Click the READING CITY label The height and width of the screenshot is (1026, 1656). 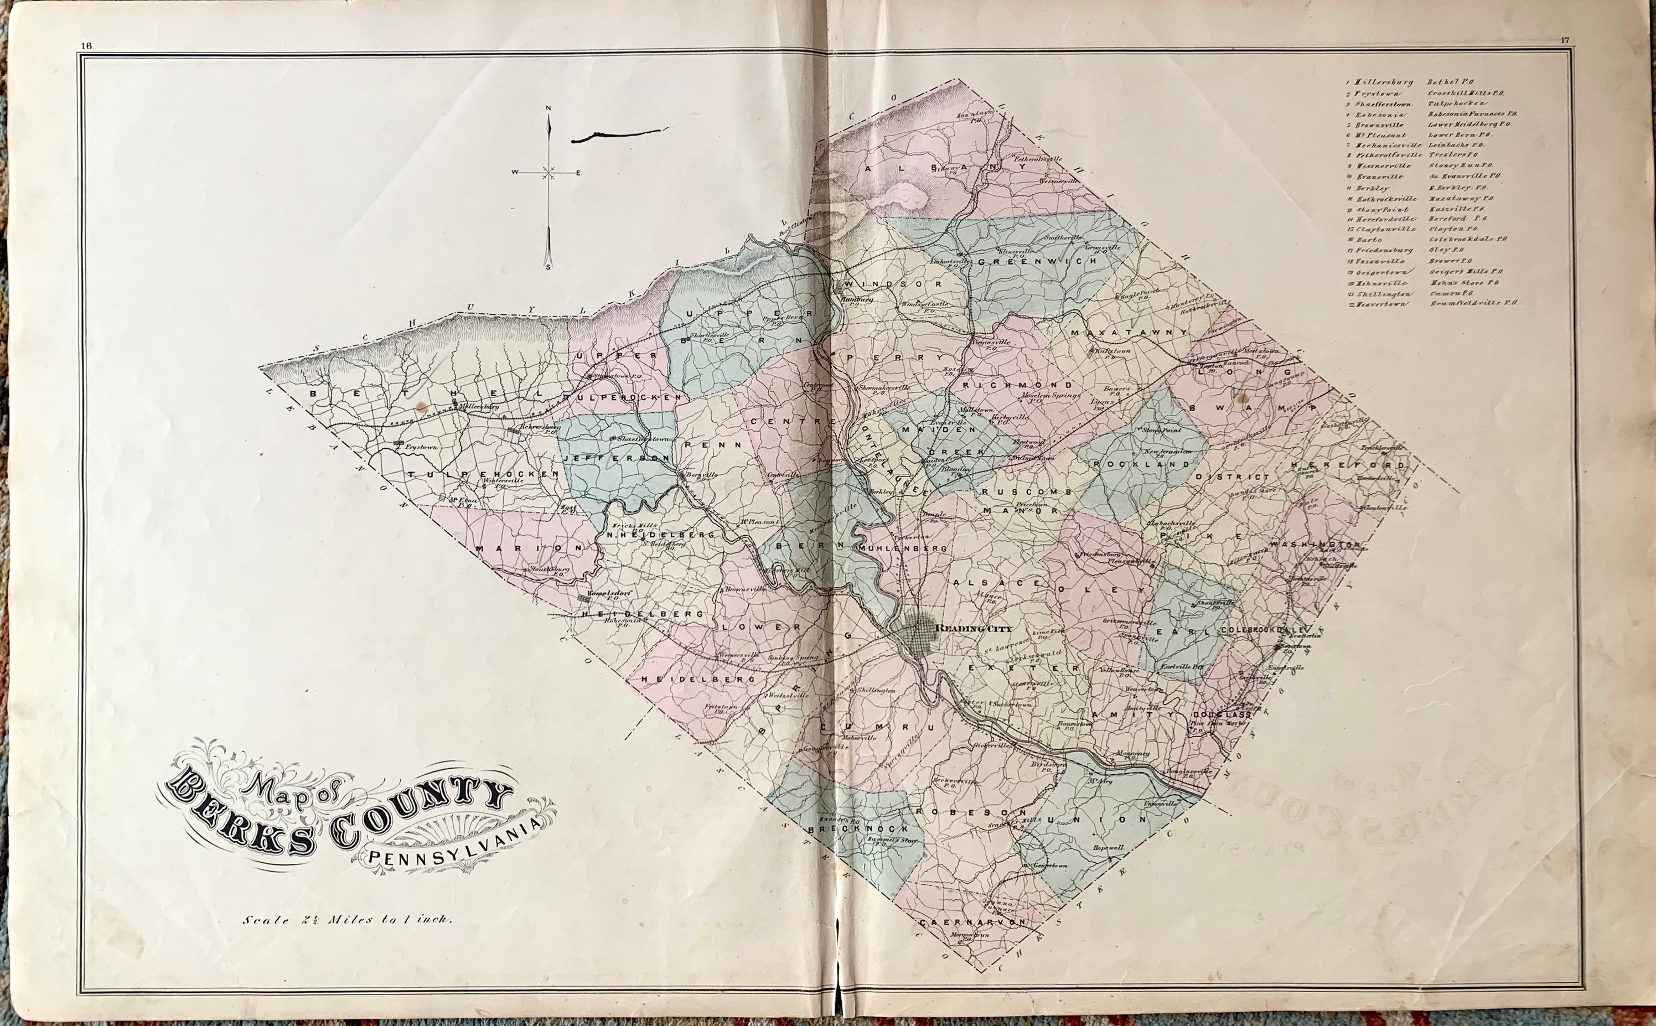(969, 628)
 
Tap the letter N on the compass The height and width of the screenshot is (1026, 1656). (548, 108)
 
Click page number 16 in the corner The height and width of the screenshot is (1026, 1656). (86, 45)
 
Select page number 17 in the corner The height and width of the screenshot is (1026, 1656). (1564, 58)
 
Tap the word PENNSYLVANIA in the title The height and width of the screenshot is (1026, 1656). (456, 848)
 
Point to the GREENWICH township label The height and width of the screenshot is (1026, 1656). (1015, 262)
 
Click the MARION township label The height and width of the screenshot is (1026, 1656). (529, 548)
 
